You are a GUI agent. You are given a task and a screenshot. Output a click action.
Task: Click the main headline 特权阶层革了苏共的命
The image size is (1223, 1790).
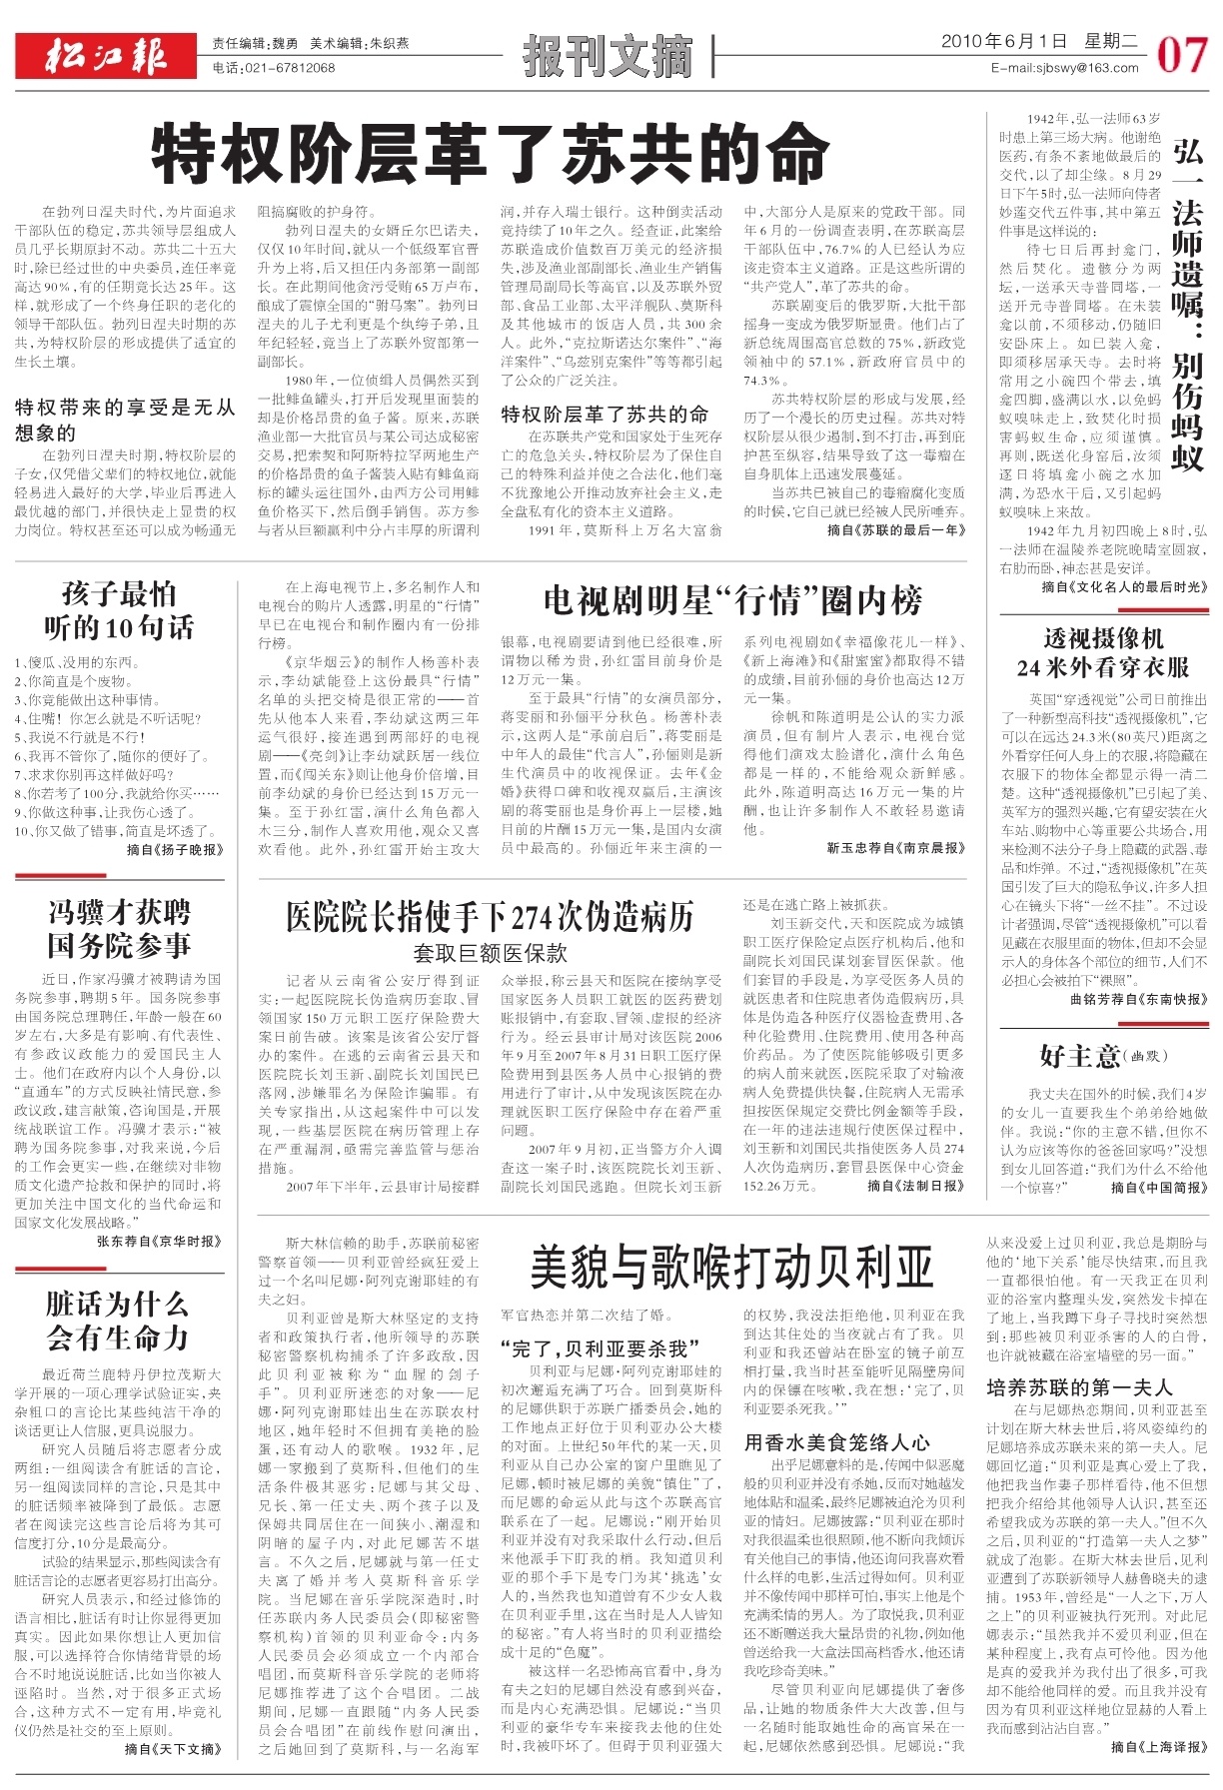[x=490, y=155]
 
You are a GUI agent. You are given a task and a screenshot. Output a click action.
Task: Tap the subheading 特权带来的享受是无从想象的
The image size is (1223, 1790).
[x=125, y=420]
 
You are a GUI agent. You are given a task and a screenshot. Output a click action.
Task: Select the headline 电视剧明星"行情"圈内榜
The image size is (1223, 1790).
[x=732, y=601]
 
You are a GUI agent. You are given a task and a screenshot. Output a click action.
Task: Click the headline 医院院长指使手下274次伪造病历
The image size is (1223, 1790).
[x=490, y=916]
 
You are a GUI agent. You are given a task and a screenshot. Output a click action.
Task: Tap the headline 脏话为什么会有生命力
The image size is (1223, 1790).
[x=117, y=1320]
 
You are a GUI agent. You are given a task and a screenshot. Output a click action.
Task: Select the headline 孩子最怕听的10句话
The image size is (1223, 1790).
[x=118, y=610]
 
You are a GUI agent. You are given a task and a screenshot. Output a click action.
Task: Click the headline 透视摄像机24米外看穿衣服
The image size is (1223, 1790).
[x=1103, y=653]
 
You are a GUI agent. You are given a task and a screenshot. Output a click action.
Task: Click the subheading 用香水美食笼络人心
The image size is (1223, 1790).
[x=837, y=1442]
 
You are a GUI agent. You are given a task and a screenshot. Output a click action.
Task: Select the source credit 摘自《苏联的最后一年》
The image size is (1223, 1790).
[x=896, y=530]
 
